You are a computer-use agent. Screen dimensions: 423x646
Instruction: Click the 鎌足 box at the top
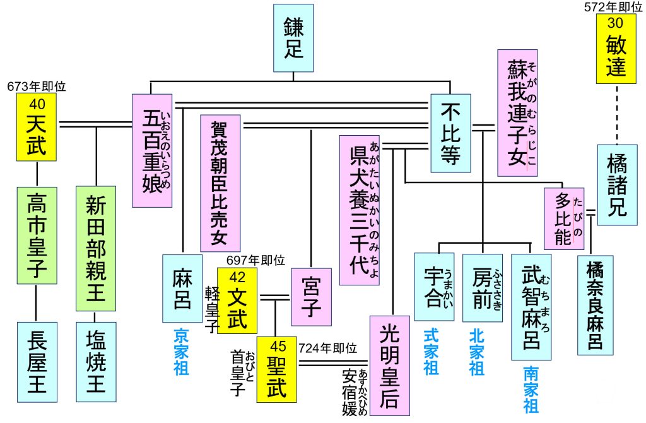coord(295,39)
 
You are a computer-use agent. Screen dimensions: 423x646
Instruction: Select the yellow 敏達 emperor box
coord(616,49)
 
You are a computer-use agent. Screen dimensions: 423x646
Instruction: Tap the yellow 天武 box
coord(37,126)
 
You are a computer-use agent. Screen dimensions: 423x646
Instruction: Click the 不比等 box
coord(450,133)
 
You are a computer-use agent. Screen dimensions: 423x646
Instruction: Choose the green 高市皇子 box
coord(37,234)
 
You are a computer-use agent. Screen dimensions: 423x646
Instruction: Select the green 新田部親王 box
coord(95,247)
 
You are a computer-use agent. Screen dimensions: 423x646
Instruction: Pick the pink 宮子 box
coord(311,296)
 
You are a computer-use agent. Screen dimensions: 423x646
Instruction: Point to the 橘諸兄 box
coord(617,184)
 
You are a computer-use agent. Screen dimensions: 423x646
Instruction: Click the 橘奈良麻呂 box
coord(595,304)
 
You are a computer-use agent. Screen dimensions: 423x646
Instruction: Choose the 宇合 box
coord(434,287)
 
